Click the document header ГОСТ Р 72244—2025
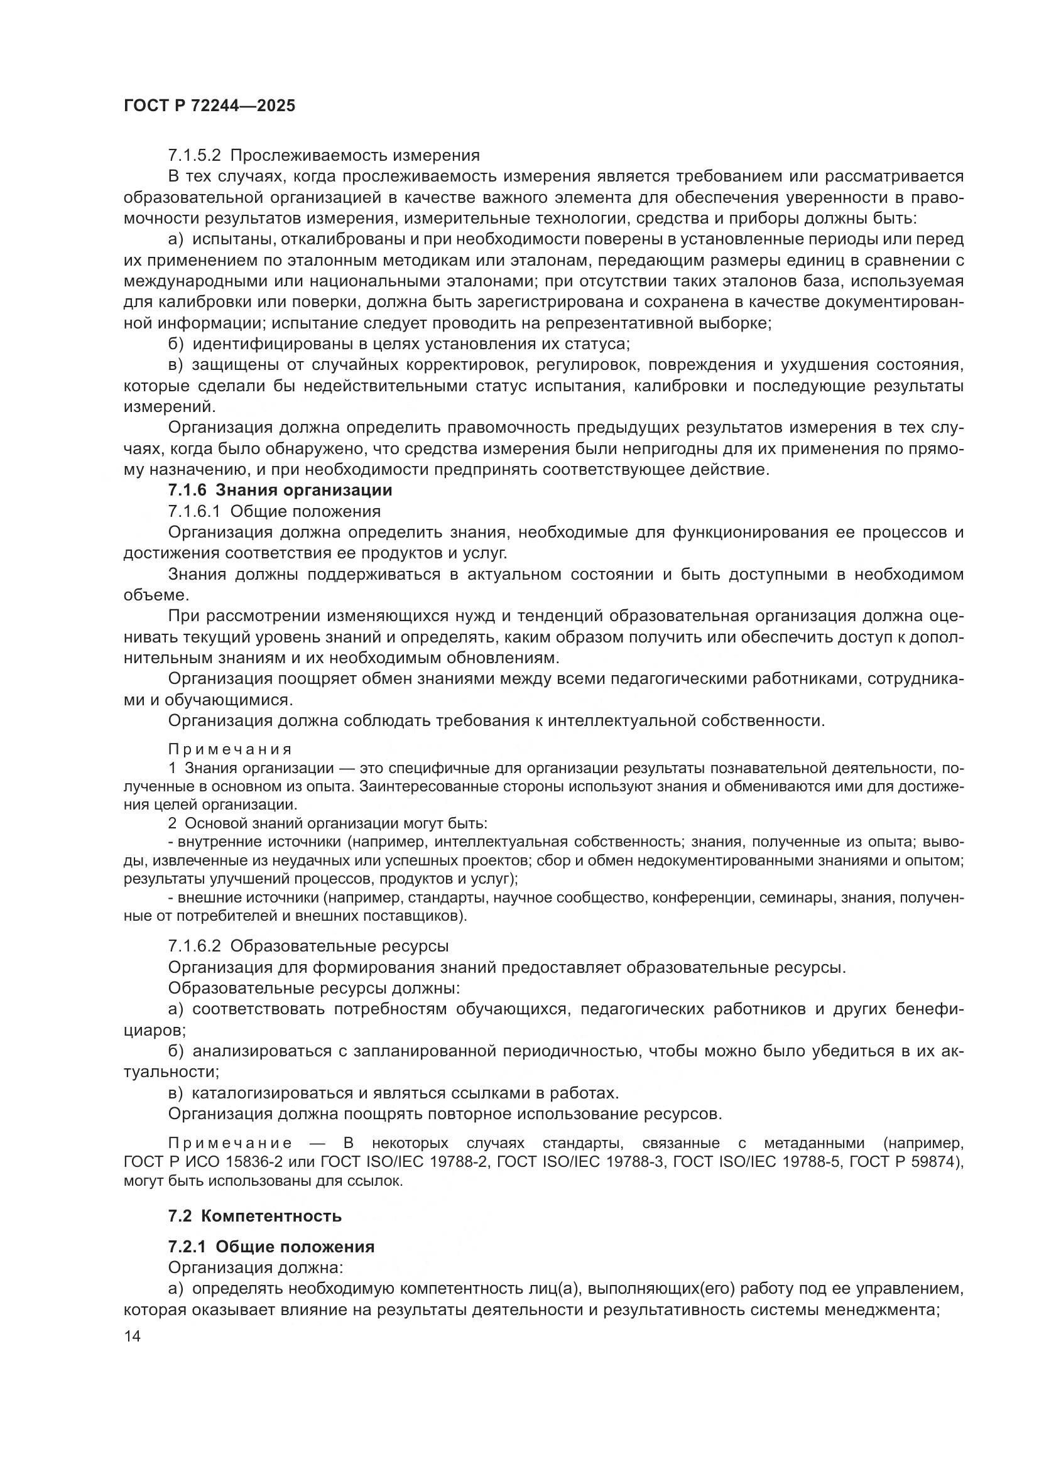tap(209, 106)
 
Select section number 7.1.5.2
tap(195, 156)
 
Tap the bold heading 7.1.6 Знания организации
tap(280, 491)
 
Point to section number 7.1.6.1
tap(195, 512)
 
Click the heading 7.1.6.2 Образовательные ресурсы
tap(308, 946)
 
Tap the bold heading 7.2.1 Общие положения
tap(271, 1247)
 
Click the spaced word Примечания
tap(231, 749)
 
